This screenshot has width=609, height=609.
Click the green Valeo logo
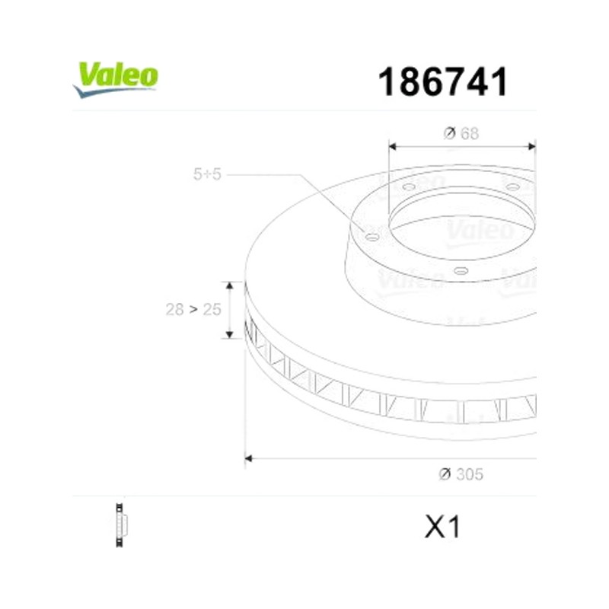point(116,80)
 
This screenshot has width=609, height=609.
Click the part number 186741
point(442,82)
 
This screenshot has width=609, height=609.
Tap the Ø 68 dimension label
point(461,134)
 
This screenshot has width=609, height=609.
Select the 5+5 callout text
point(207,174)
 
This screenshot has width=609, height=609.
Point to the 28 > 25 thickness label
point(193,310)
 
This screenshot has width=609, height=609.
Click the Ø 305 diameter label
point(461,474)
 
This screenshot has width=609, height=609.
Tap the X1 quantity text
point(442,527)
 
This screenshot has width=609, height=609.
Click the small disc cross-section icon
point(121,525)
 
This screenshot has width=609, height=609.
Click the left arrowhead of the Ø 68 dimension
point(392,146)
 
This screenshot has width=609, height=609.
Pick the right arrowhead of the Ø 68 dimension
point(531,146)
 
